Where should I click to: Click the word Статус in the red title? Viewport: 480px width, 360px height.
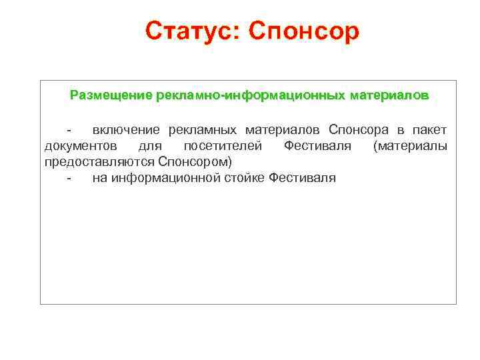[188, 30]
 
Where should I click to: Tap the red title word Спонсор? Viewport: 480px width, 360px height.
[304, 31]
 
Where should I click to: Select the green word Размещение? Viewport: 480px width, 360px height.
[111, 95]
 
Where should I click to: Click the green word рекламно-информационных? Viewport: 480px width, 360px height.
[251, 95]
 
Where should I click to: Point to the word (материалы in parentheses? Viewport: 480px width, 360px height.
[410, 145]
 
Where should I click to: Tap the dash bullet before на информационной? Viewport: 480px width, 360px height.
[69, 178]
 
